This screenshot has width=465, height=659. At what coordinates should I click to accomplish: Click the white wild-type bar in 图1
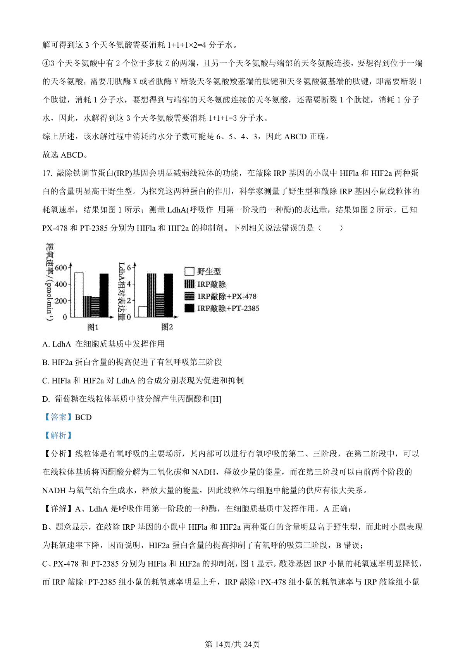pos(79,295)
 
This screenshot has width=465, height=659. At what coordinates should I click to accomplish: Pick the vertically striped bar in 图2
pos(152,295)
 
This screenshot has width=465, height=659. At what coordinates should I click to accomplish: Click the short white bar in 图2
pos(143,312)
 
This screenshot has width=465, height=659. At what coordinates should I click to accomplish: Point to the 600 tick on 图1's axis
pos(61,267)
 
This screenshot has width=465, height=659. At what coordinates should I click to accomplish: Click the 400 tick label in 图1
pos(61,284)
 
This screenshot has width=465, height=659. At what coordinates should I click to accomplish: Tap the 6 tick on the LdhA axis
pos(129,267)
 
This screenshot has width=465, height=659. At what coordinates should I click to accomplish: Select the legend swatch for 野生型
pos(189,271)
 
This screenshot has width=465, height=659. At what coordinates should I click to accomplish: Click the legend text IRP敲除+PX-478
pos(227,296)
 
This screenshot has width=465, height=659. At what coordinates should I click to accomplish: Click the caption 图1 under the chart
pos(93,327)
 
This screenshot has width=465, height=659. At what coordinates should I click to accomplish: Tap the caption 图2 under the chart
pos(167,327)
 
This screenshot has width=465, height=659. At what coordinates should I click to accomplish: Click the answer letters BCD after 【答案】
pos(83,417)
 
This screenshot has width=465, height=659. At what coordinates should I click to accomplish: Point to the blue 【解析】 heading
pos(58,435)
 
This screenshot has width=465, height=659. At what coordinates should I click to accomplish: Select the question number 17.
pos(47,173)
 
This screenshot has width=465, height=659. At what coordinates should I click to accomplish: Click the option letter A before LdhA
pos(46,344)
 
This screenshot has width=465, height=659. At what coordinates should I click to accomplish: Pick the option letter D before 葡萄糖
pos(46,399)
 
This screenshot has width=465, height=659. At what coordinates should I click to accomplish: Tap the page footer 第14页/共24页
pos(232,644)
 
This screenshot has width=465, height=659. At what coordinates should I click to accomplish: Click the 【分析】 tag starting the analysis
pos(58,454)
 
